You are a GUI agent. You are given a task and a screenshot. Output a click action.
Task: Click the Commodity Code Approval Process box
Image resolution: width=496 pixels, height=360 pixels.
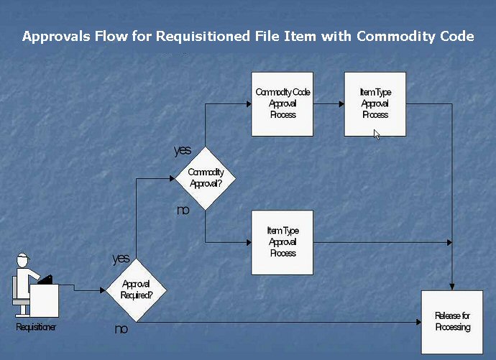coord(283,103)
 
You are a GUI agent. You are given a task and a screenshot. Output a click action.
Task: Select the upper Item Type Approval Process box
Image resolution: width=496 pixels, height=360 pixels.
coord(375,103)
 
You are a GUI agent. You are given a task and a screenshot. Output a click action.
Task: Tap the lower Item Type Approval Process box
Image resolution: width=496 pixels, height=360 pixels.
coord(283,242)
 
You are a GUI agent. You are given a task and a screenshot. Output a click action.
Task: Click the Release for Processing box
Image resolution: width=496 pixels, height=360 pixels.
coord(452,321)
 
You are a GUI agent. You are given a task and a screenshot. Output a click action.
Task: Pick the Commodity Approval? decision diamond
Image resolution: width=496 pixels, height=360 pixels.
coord(206,178)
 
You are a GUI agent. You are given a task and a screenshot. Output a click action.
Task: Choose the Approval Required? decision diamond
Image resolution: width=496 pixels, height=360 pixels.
coord(136,289)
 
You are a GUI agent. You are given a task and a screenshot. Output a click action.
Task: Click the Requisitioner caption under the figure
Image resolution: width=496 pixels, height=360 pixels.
coord(36,328)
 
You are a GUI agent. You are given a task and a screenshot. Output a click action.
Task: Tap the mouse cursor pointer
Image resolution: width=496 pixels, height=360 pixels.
coord(377,134)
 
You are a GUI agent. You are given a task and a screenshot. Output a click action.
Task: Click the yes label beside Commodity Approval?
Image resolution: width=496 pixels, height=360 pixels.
coord(183,150)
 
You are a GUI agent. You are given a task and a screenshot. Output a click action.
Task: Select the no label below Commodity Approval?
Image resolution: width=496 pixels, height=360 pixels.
coord(183,210)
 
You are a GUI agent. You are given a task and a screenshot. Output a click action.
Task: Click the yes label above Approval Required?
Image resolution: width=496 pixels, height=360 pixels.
coord(121,259)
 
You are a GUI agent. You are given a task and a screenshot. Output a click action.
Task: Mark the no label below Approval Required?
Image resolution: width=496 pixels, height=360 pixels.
coord(121,329)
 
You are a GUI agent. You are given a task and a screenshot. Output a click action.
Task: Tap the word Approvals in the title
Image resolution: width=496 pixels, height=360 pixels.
coord(51,36)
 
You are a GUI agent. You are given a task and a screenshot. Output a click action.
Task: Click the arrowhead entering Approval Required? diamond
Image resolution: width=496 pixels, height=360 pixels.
coord(102,290)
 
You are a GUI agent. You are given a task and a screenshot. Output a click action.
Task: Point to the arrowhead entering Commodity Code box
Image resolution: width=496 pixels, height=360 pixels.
coord(247,103)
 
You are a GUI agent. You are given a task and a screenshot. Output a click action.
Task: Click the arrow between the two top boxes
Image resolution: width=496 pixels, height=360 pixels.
coord(329,103)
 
